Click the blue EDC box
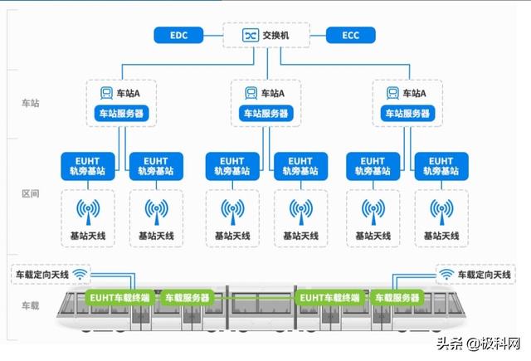(178, 35)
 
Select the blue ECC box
(351, 35)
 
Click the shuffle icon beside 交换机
(250, 35)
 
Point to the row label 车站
(30, 103)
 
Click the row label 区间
(30, 193)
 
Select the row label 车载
(30, 306)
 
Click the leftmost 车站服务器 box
(121, 113)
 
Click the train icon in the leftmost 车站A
(106, 94)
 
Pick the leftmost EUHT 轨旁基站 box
(87, 165)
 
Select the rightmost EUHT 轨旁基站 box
(437, 165)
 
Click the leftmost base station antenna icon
(87, 210)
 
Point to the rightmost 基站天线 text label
(437, 237)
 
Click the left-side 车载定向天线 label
(41, 273)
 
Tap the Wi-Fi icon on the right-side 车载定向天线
(447, 273)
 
